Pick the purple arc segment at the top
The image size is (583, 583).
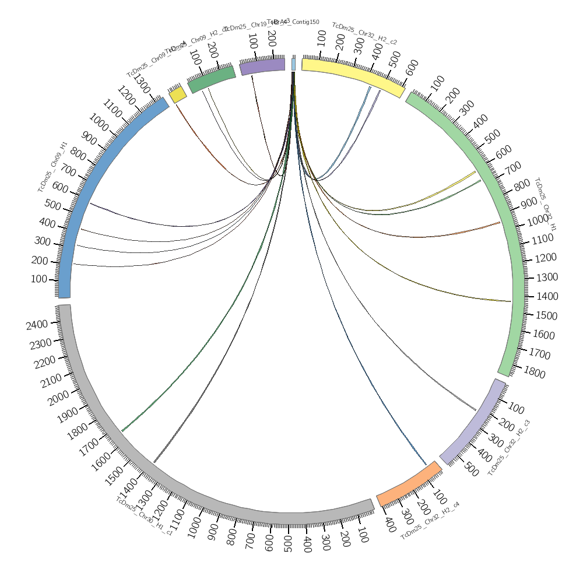click(x=262, y=65)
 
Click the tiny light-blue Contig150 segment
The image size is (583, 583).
click(x=293, y=64)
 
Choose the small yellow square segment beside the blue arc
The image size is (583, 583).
click(x=178, y=95)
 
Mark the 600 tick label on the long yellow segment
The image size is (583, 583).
click(x=412, y=67)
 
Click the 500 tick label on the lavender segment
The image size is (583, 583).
click(x=471, y=470)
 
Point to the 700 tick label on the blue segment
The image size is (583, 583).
click(x=68, y=171)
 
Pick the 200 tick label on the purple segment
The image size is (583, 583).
click(x=271, y=39)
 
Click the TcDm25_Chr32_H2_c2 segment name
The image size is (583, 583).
click(x=364, y=33)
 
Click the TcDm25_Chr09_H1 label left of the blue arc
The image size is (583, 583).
click(x=52, y=167)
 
